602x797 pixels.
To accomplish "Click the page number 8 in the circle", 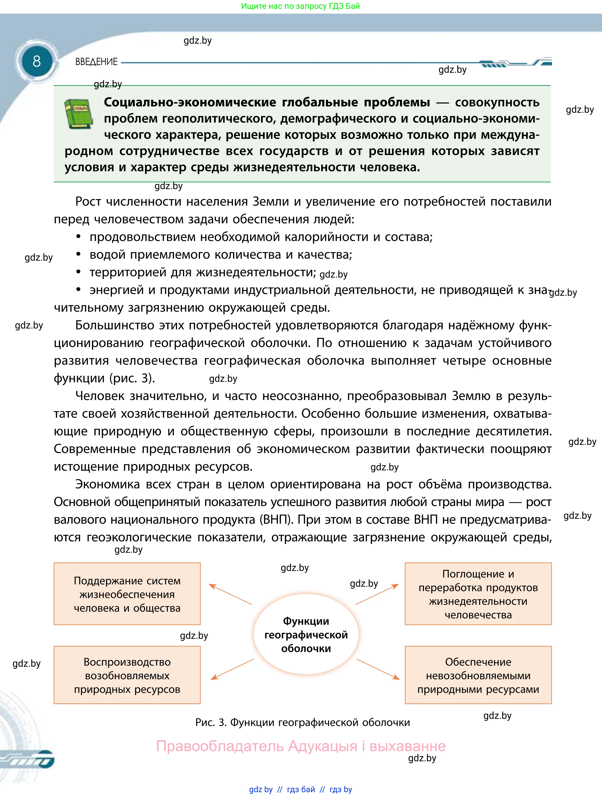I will [36, 61].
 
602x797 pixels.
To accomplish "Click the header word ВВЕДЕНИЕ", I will [96, 62].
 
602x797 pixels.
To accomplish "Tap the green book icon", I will [78, 114].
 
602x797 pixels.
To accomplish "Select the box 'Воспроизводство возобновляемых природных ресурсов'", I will [127, 675].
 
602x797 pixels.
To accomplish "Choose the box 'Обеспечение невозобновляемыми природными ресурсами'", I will [478, 675].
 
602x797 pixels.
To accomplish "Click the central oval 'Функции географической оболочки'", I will [306, 635].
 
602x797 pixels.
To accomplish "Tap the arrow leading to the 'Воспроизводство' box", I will [232, 669].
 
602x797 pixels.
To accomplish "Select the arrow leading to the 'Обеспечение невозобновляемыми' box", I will [378, 669].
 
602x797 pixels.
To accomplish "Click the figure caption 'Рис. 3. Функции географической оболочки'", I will [302, 722].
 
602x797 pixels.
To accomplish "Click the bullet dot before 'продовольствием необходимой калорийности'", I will [78, 237].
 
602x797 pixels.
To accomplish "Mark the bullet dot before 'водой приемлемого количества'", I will [78, 254].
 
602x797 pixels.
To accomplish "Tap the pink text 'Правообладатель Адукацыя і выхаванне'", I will [300, 746].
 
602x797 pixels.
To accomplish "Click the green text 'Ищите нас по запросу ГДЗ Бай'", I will [300, 6].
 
